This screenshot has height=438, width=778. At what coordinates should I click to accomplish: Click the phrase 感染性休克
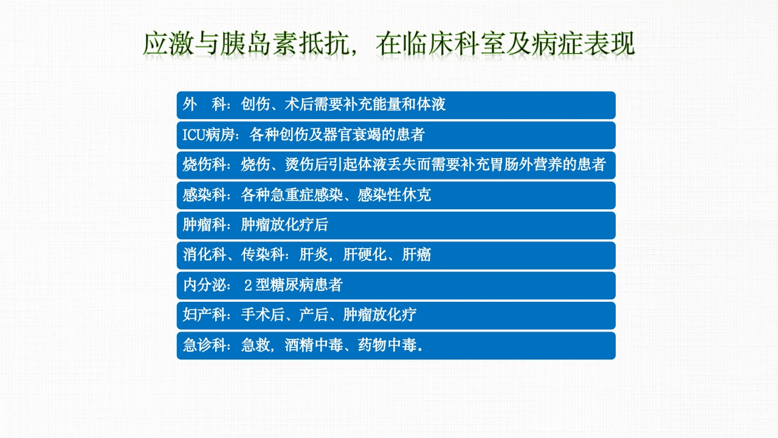click(394, 195)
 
